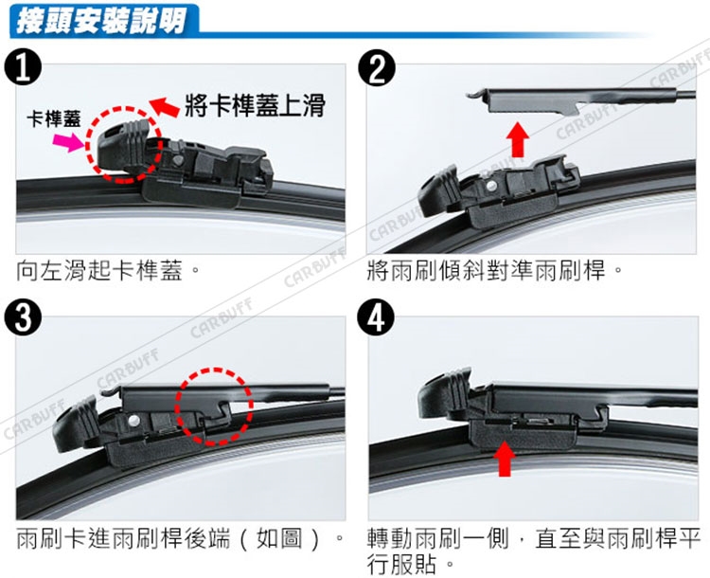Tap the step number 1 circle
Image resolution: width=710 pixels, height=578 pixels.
pos(23,68)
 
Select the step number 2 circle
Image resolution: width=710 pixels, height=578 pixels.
pos(376,68)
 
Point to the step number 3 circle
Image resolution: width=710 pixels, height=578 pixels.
pos(23,317)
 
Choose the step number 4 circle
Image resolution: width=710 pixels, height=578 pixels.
pos(376,317)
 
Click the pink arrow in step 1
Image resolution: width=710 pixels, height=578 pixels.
pos(69,141)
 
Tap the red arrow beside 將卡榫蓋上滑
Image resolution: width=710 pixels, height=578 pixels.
pos(164,107)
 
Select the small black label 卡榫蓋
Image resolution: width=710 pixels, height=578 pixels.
pos(53,119)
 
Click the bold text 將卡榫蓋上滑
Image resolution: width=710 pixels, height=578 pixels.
pos(255,105)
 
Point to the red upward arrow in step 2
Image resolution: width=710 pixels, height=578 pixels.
pos(517,138)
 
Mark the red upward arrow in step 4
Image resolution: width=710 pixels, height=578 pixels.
pos(504,460)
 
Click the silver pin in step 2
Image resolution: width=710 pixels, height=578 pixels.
pos(491,185)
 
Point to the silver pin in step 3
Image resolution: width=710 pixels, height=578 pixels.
pos(133,421)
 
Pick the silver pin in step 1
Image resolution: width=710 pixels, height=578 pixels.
pos(178,160)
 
